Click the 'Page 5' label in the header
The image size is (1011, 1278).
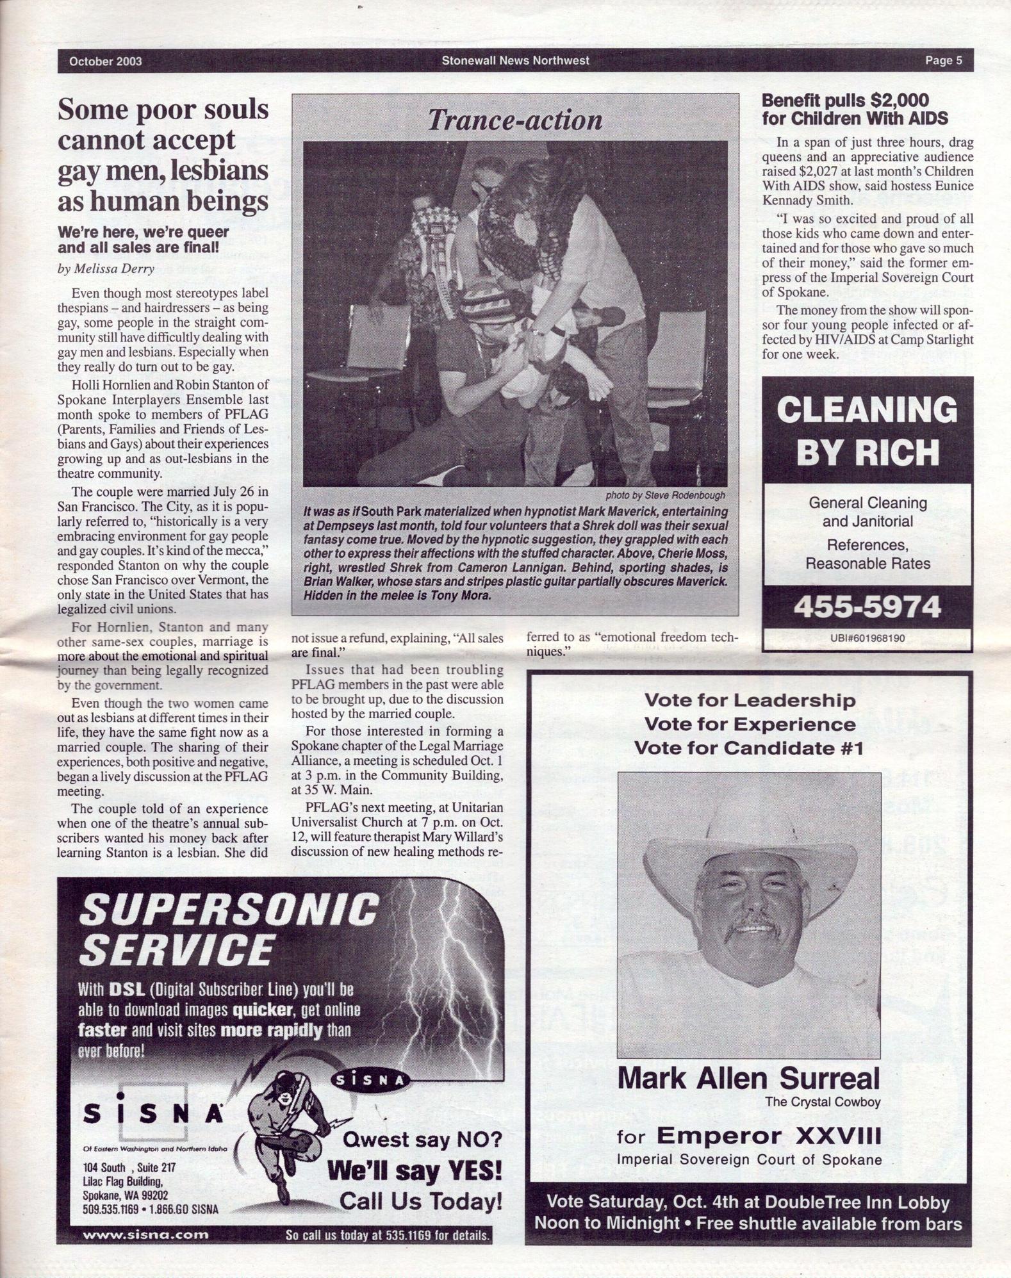pyautogui.click(x=943, y=61)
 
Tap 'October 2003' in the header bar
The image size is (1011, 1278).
pyautogui.click(x=106, y=61)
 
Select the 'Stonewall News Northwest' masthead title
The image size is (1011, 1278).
pyautogui.click(x=515, y=61)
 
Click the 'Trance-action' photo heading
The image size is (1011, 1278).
pyautogui.click(x=515, y=120)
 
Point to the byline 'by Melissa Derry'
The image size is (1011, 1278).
pyautogui.click(x=106, y=268)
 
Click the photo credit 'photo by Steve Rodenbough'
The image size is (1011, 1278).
pyautogui.click(x=665, y=495)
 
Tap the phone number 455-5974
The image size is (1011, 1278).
pyautogui.click(x=867, y=607)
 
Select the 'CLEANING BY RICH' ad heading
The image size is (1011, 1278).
pyautogui.click(x=867, y=431)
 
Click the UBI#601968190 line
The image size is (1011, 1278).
pyautogui.click(x=867, y=638)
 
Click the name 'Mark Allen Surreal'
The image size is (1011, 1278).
pyautogui.click(x=748, y=1079)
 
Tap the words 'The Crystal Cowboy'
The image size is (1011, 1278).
pyautogui.click(x=823, y=1102)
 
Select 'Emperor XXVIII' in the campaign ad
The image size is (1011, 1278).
pyautogui.click(x=769, y=1136)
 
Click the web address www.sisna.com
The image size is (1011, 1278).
pyautogui.click(x=146, y=1234)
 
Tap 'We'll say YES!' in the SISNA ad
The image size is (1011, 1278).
pyautogui.click(x=415, y=1171)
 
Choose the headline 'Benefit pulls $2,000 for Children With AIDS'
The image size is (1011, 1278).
pyautogui.click(x=855, y=110)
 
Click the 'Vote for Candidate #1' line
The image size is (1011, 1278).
pyautogui.click(x=748, y=748)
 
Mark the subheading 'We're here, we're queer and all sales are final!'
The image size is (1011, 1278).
pyautogui.click(x=143, y=239)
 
